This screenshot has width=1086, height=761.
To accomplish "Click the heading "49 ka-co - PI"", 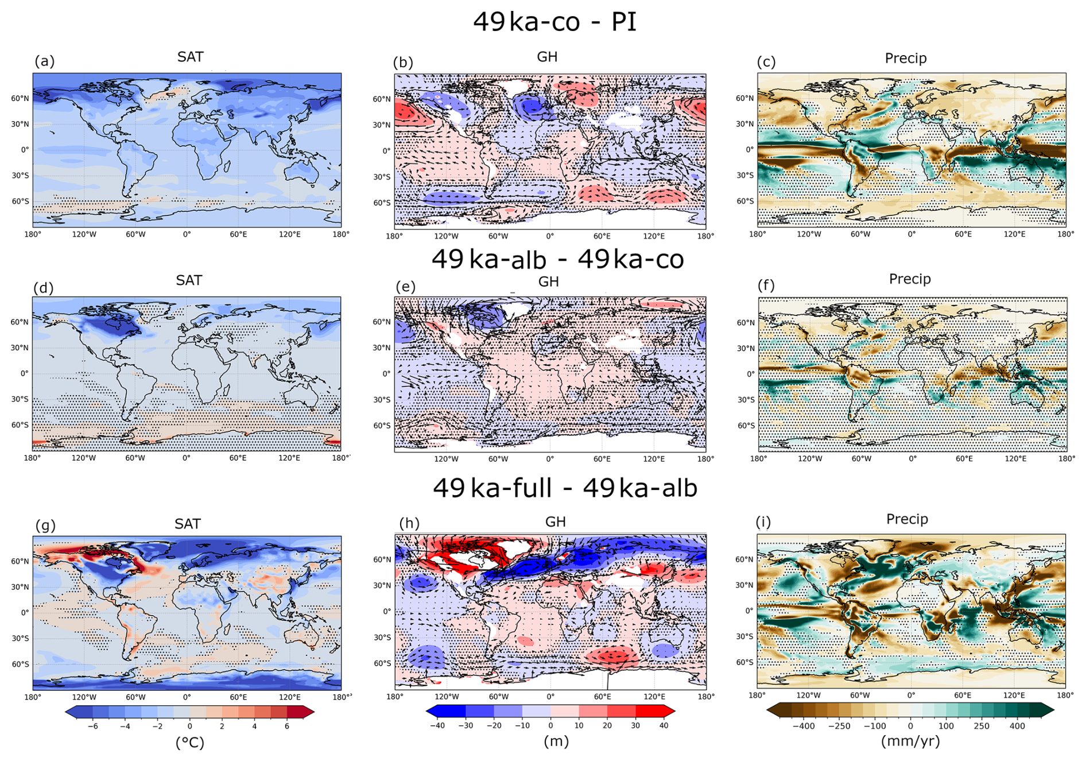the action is point(554,22).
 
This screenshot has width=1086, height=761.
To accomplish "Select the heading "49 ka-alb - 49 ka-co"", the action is point(557,259).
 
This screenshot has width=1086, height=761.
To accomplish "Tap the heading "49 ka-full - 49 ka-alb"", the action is point(565,488).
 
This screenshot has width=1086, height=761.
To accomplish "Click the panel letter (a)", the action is point(45,61).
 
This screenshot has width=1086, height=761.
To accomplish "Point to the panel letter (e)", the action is point(406,286).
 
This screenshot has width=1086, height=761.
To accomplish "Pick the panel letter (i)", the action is point(763,522).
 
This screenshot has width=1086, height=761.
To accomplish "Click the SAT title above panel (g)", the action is point(188,524).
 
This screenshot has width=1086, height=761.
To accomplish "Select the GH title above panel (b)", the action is point(547,57).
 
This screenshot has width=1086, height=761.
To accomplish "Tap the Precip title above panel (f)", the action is point(910,279).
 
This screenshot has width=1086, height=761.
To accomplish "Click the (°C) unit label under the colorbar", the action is point(190,743).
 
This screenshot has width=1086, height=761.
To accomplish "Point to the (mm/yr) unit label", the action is point(910,741).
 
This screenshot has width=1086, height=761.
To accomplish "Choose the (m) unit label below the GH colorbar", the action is point(556,741).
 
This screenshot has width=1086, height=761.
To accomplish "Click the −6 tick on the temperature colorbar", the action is point(92,726).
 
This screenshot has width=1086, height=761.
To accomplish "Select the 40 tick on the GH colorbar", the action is point(664,725).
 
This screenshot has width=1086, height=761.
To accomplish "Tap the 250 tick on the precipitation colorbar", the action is point(982,726).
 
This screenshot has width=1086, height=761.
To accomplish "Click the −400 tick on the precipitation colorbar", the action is point(804,726).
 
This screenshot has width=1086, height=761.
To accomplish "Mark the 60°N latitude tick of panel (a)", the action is point(20,98).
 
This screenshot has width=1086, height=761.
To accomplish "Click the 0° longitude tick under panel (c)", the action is point(912,234).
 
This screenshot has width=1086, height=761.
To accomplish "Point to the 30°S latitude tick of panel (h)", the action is point(382,638).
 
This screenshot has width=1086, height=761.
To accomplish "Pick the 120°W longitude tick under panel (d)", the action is point(84,458).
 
